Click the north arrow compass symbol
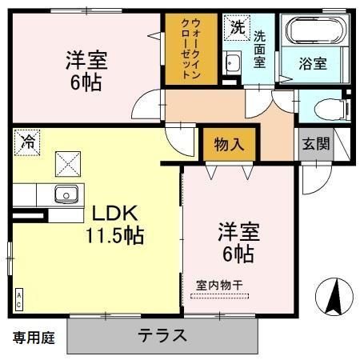click(334, 297)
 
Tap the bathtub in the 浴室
click(316, 30)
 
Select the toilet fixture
click(332, 109)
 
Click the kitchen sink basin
click(66, 194)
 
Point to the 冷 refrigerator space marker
click(27, 142)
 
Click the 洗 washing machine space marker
click(237, 28)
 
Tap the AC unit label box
click(19, 299)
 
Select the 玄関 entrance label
click(316, 144)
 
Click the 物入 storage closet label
click(229, 145)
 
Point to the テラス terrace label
click(162, 335)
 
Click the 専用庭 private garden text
click(34, 338)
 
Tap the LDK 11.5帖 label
click(114, 225)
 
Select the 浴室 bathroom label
click(313, 64)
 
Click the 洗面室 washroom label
click(259, 50)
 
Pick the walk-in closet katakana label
click(190, 48)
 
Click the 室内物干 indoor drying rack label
click(219, 286)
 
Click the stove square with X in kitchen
click(68, 164)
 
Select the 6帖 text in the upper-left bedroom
click(86, 83)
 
